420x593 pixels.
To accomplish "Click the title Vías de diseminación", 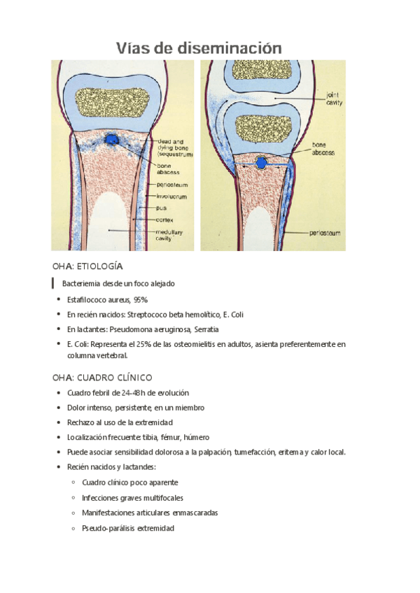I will pos(199,48).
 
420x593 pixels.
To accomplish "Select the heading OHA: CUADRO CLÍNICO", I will pos(102,377).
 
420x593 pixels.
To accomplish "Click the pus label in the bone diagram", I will pos(162,208).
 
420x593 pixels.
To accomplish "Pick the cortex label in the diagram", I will pos(166,220).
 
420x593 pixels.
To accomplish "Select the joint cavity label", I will pos(335,97).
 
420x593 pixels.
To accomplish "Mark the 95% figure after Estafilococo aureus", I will pos(139,299).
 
